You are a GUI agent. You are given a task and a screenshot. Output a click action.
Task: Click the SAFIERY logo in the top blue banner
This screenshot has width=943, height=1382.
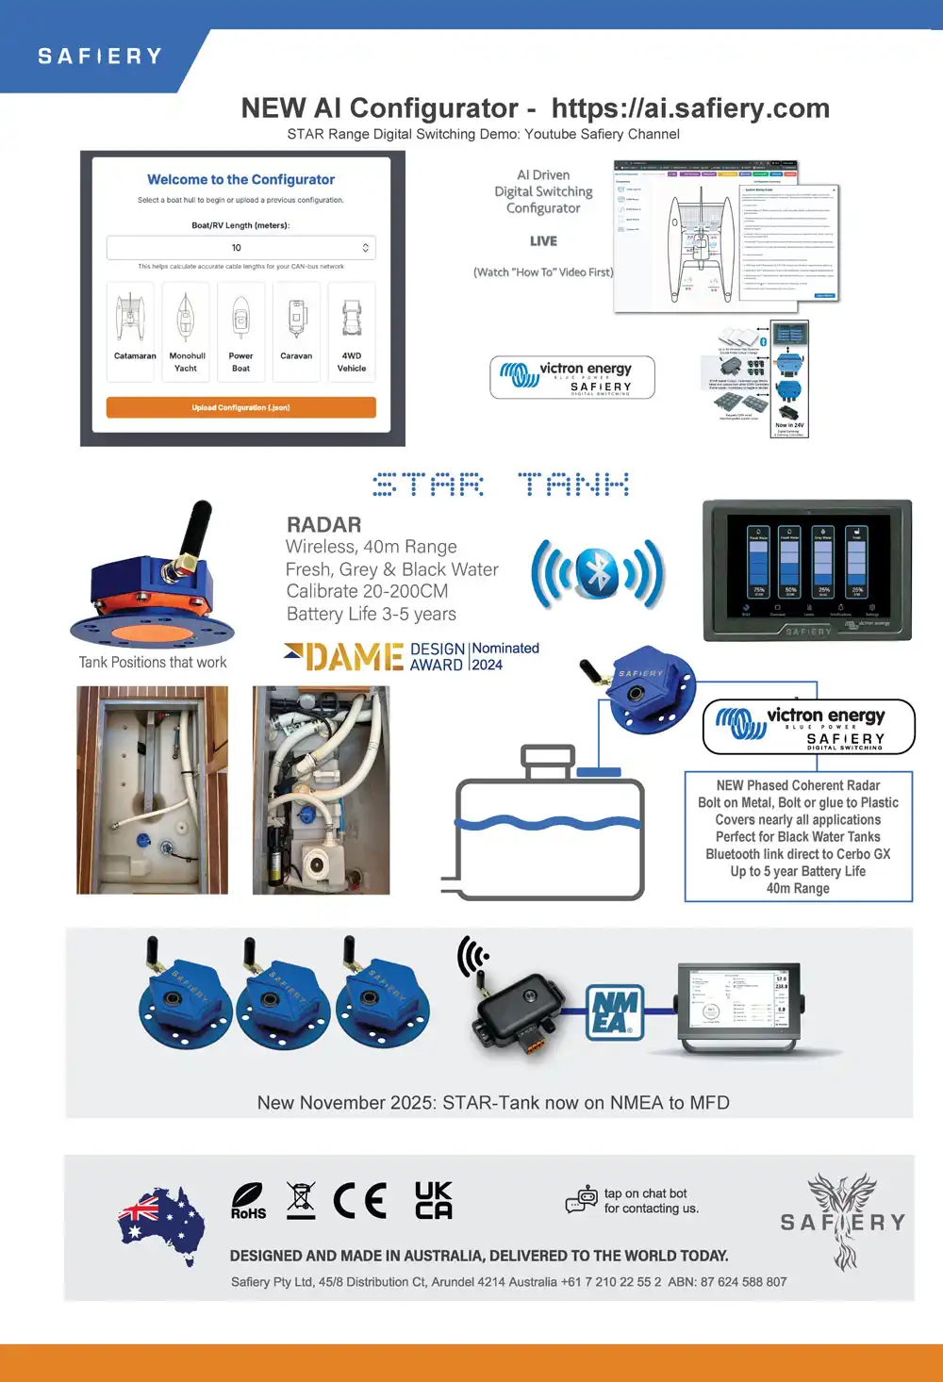tap(100, 57)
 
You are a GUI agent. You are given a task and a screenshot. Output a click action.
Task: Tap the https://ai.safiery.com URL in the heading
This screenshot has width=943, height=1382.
tap(690, 108)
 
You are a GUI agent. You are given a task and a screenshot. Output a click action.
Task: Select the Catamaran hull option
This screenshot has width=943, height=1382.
tap(131, 331)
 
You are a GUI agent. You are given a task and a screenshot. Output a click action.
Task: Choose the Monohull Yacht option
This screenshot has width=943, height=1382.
tap(186, 331)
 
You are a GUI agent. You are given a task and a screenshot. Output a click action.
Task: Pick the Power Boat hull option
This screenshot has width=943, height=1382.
tap(240, 331)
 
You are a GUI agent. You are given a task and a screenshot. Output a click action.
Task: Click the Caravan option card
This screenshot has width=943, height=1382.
tap(296, 331)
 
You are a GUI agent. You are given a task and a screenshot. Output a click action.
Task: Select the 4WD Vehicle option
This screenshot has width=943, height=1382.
tap(352, 331)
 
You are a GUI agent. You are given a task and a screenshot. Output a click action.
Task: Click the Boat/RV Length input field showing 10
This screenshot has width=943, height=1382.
tap(240, 248)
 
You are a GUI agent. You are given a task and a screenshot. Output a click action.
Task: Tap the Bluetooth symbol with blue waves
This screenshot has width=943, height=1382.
tap(598, 573)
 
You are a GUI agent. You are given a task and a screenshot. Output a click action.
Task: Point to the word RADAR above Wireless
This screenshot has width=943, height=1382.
tap(323, 525)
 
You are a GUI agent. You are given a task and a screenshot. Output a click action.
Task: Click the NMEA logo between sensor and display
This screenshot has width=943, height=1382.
tap(615, 1012)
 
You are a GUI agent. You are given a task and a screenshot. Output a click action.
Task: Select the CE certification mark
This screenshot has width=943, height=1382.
tap(359, 1201)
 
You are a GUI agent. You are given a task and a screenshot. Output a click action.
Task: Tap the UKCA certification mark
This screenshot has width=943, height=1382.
tap(434, 1200)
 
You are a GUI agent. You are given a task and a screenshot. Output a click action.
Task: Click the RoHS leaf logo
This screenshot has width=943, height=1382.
tap(248, 1200)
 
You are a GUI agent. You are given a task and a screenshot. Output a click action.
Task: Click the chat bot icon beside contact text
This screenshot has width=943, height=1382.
tap(582, 1199)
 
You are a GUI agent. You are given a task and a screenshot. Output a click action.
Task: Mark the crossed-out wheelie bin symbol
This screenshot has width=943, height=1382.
tap(301, 1200)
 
